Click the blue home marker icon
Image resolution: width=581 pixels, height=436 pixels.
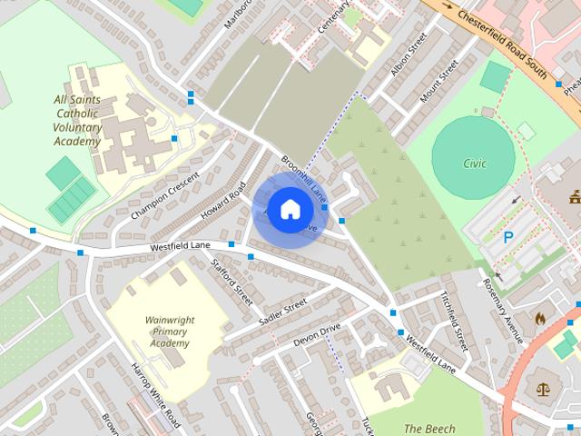click(289, 209)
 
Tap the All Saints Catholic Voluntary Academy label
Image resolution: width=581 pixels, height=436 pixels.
click(77, 120)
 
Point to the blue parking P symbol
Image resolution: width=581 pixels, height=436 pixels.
click(508, 238)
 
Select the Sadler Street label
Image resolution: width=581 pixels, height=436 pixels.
click(283, 313)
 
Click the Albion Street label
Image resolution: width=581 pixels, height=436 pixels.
click(408, 57)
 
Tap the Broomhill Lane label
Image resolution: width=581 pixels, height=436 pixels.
click(302, 176)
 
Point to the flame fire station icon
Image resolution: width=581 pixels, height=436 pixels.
click(539, 319)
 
